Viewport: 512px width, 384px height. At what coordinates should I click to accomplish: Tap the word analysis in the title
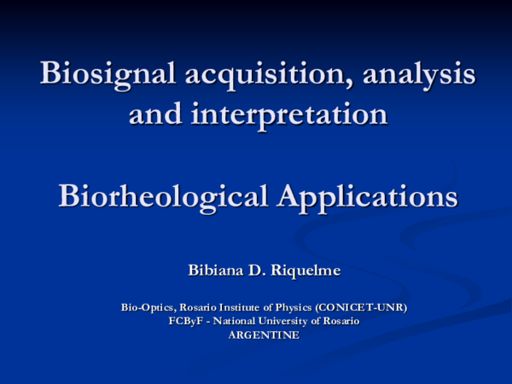tap(420, 74)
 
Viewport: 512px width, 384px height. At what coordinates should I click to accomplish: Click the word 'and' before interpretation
tap(156, 113)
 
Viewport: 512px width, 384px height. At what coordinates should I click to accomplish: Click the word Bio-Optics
tap(145, 306)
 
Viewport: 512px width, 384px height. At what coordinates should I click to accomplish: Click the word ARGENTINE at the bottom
tap(264, 335)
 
